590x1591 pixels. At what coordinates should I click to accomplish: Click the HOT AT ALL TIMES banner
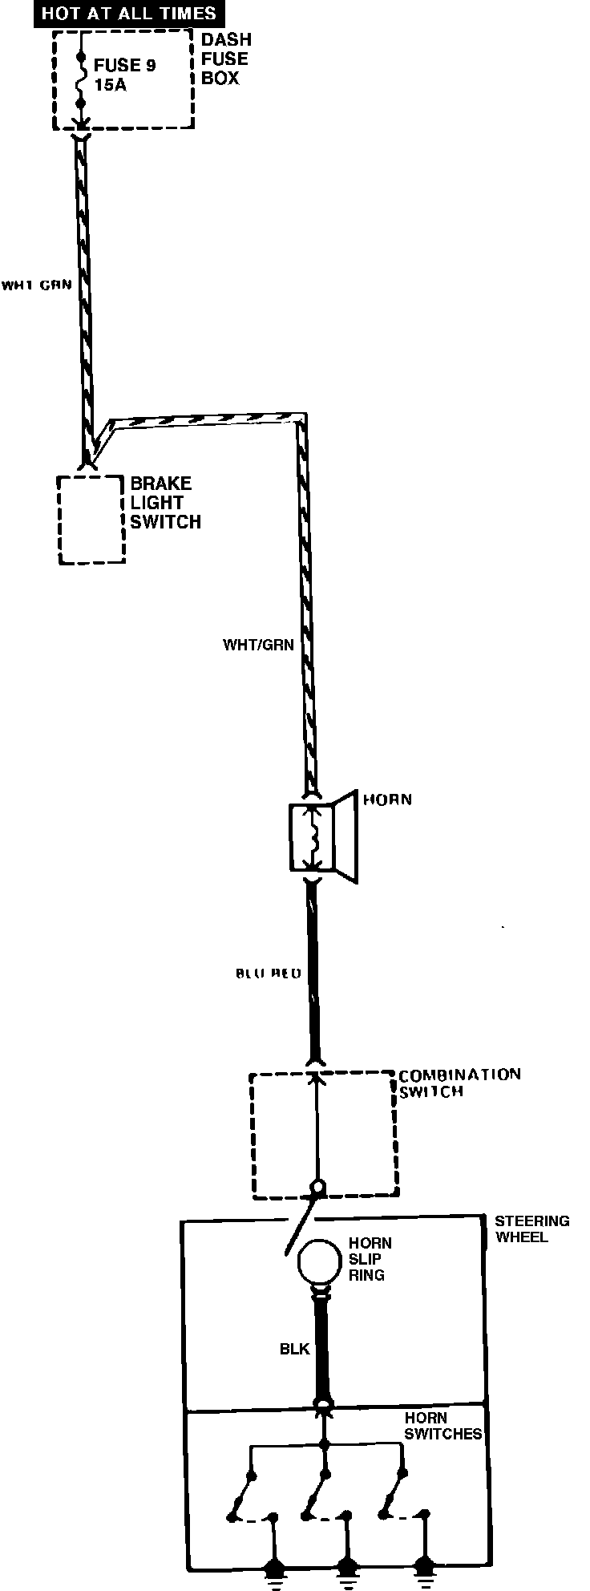click(128, 14)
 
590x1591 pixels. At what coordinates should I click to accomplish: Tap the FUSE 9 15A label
click(124, 74)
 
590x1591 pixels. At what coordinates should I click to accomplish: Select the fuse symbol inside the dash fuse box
click(81, 82)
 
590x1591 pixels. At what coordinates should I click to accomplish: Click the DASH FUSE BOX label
click(225, 59)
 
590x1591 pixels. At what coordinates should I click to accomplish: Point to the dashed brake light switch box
click(91, 520)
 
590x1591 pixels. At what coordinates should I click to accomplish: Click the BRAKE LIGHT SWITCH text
click(165, 503)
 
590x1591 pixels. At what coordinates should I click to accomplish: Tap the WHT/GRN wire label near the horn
click(258, 645)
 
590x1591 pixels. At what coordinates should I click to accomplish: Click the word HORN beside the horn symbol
click(387, 800)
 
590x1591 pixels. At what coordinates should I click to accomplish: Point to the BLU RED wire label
click(268, 974)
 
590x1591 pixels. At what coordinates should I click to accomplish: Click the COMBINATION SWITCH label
click(459, 1083)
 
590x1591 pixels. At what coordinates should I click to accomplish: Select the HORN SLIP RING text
click(370, 1259)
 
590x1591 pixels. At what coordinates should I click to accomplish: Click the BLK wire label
click(294, 1349)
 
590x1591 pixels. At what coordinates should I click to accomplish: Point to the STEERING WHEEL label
click(531, 1229)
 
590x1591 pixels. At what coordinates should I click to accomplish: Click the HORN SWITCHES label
click(442, 1426)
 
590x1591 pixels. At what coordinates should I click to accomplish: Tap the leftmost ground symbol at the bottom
click(275, 1569)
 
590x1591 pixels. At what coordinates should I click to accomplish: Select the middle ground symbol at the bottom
click(346, 1569)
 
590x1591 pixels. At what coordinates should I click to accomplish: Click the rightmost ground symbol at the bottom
click(422, 1569)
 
